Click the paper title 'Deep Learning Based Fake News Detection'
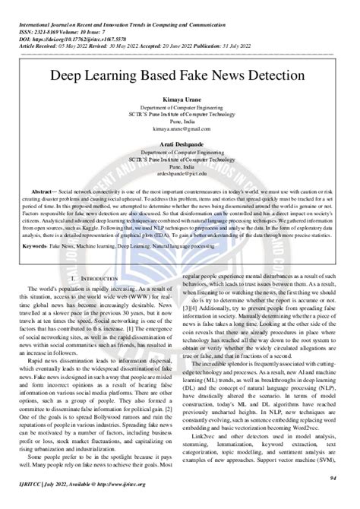point(179,77)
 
